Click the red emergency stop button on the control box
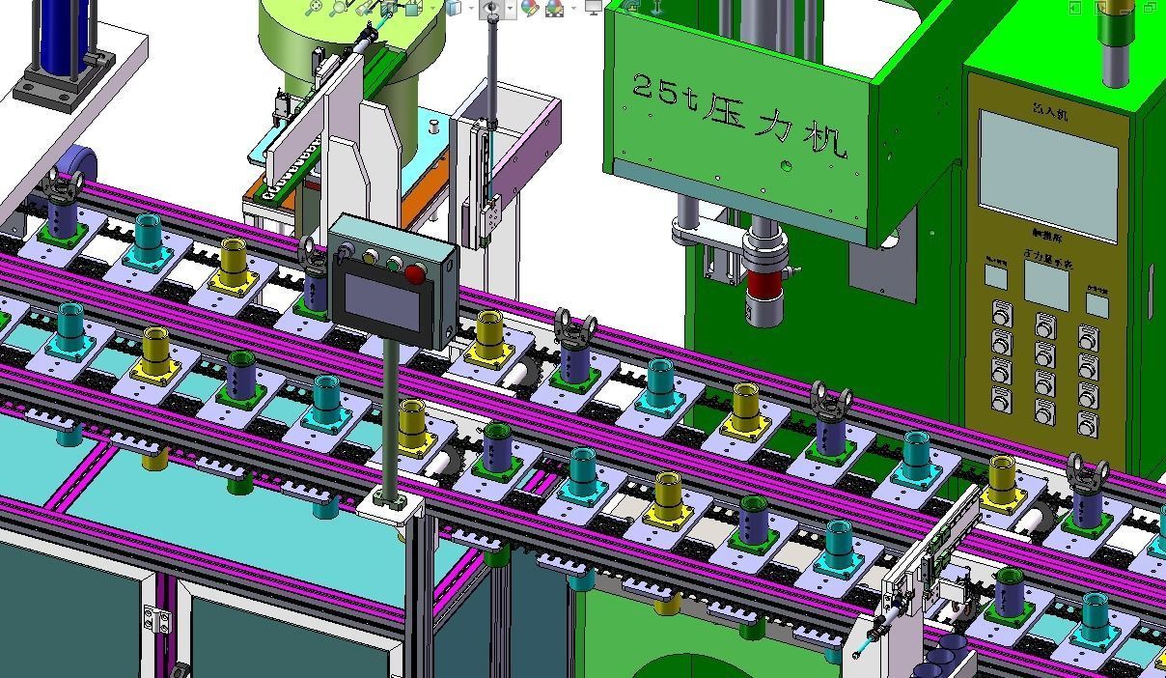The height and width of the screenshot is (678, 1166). coord(415,274)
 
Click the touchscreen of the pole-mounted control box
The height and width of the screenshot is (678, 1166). coord(382,301)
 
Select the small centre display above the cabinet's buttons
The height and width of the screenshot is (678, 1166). coord(1045,285)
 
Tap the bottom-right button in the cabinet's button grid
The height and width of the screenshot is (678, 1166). coord(1087,423)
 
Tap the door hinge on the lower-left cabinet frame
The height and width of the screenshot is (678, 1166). coord(152,618)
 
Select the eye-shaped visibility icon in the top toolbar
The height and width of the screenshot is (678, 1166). coord(491,8)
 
